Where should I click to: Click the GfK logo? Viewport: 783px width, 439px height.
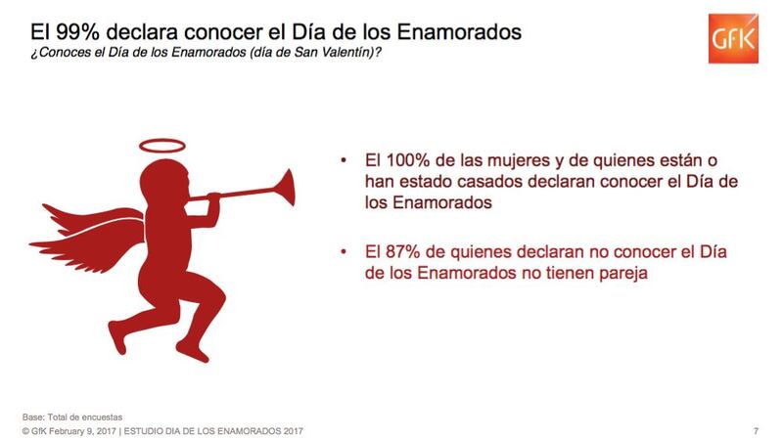733,38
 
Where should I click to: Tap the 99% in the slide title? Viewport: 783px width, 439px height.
77,32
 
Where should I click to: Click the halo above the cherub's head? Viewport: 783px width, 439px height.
161,146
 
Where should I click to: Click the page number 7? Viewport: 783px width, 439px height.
756,431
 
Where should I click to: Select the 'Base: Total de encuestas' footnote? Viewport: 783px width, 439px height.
71,417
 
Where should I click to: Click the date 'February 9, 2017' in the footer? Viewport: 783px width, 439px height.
82,431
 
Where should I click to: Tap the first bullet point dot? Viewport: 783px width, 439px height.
344,160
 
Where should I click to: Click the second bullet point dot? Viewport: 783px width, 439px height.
344,252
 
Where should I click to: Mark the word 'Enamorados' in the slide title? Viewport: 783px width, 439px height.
459,32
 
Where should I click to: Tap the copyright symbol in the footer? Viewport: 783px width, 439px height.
25,431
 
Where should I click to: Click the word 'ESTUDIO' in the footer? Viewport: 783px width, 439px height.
142,431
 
